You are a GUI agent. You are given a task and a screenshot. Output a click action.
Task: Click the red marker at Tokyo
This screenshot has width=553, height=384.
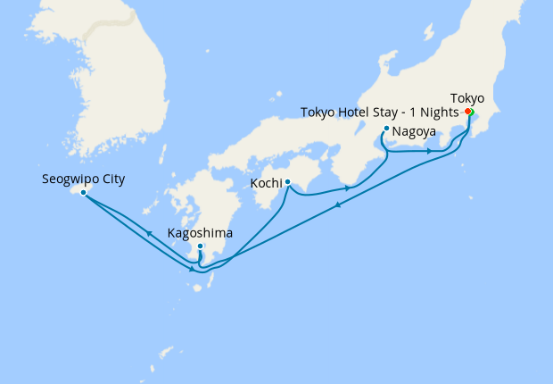click(468, 112)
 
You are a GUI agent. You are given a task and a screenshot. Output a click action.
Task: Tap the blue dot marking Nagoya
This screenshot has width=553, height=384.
click(385, 129)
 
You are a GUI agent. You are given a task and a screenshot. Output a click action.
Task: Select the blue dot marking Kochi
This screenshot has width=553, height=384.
click(287, 182)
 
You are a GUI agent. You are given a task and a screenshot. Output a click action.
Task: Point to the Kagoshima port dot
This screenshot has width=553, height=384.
click(201, 246)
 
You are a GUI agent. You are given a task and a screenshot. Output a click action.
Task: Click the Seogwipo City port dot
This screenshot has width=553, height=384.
click(83, 192)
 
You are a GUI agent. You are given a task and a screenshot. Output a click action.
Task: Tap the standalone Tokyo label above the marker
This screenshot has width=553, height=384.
click(467, 97)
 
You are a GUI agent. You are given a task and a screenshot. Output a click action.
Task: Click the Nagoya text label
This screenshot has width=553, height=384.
click(414, 130)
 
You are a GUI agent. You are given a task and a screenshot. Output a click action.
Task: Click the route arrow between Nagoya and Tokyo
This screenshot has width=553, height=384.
click(430, 151)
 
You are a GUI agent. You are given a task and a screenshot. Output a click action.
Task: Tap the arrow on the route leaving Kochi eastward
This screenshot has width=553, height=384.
click(346, 188)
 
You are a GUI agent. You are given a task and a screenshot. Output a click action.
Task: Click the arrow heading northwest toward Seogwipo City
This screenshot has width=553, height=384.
click(148, 232)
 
